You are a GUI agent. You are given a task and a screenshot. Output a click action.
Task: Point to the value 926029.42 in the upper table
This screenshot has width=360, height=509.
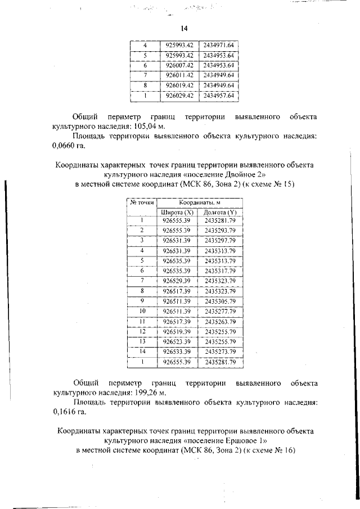tap(180, 96)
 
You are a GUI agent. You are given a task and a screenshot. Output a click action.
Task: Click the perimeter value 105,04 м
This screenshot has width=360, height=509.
tap(136, 127)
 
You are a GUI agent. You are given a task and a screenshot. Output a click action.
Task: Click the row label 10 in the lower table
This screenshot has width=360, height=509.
tap(142, 311)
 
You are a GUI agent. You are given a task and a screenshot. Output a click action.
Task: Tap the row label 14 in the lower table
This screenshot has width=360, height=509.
tap(142, 352)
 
